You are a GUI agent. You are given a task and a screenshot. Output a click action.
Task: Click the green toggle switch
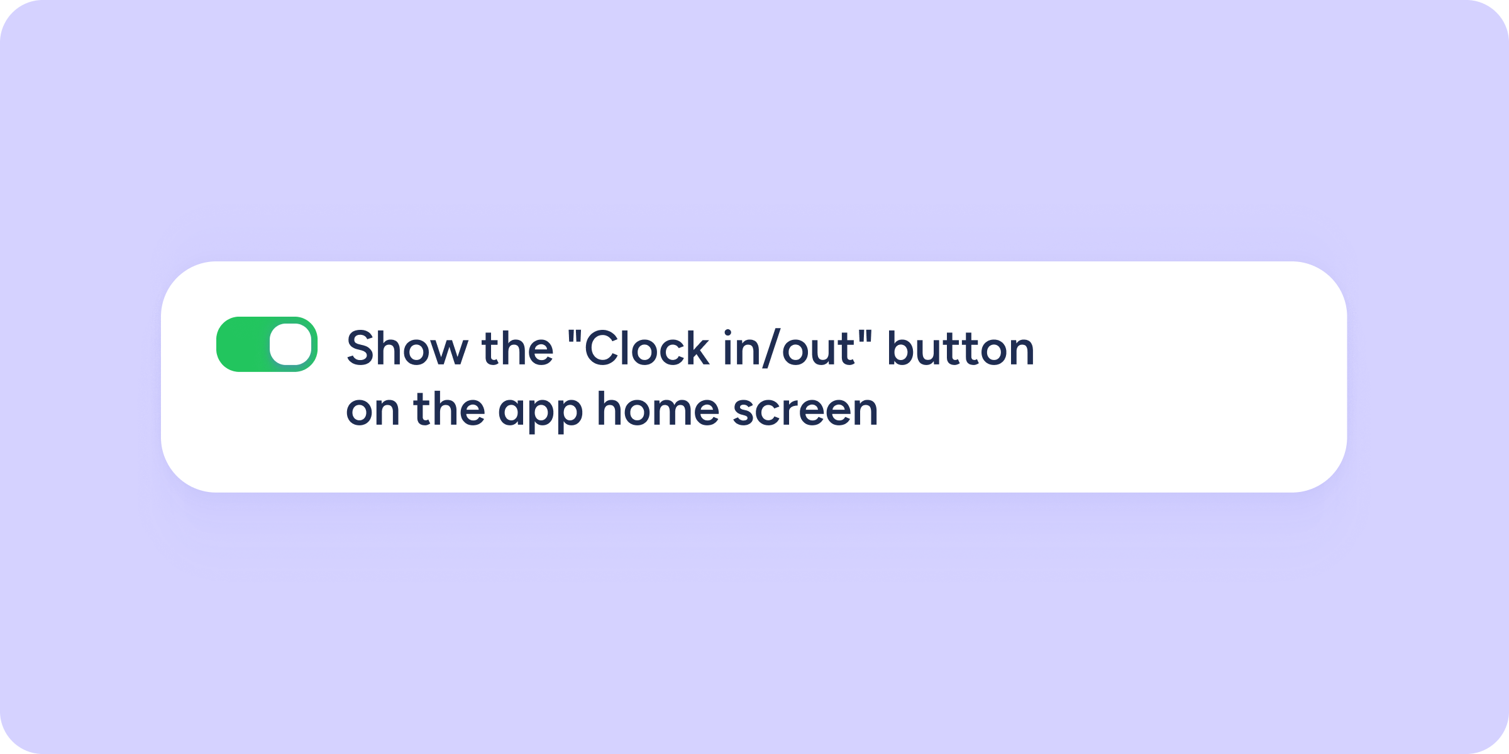click(267, 344)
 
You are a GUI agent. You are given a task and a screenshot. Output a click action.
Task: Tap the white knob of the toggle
click(290, 344)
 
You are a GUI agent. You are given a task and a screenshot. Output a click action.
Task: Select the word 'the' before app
click(449, 408)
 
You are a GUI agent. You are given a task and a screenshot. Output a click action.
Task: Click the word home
click(658, 408)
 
